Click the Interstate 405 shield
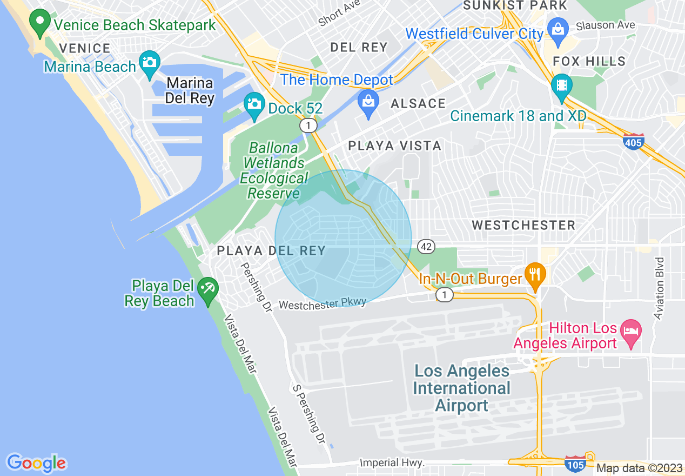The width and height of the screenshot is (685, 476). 633,142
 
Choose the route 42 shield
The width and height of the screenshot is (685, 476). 426,247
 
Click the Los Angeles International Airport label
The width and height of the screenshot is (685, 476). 461,388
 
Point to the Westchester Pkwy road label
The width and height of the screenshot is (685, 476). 323,303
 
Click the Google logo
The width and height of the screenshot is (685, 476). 36,463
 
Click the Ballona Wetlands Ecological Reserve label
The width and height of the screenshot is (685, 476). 273,170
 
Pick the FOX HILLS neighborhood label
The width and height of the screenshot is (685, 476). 589,61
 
